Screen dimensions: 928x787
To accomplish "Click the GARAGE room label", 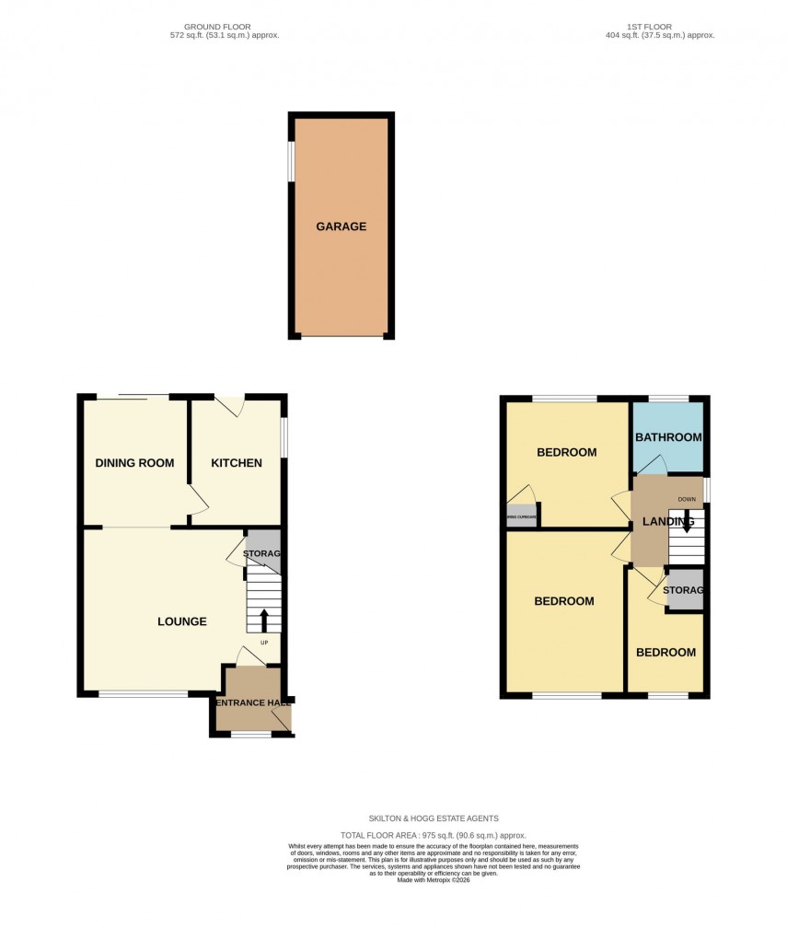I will tap(341, 226).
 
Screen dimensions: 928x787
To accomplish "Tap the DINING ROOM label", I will tap(134, 463).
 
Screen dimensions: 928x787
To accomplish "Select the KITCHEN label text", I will tap(237, 463).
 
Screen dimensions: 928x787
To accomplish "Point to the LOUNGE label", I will tap(181, 621).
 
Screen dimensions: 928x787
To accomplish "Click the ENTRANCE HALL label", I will tap(252, 703).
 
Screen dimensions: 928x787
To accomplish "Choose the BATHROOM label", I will tap(669, 437).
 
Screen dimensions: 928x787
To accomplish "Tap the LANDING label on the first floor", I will tap(668, 522).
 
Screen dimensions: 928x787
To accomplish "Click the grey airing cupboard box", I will tap(520, 516).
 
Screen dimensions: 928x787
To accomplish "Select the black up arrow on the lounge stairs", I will tap(264, 619).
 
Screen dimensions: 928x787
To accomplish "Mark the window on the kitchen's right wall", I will tap(284, 437).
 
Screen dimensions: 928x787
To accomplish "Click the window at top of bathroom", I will tap(668, 399).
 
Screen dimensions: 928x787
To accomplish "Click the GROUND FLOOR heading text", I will tap(217, 28).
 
